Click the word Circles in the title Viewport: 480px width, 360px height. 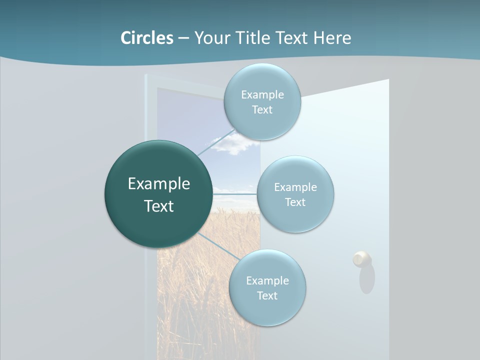coord(147,38)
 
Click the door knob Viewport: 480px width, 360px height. coord(361,259)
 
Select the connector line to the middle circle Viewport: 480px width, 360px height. coord(235,193)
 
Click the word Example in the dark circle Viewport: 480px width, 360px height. coord(159,184)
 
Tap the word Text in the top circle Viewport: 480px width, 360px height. coord(262,110)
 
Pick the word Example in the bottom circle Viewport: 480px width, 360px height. coord(267,281)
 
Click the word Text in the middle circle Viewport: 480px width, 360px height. coord(295,202)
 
